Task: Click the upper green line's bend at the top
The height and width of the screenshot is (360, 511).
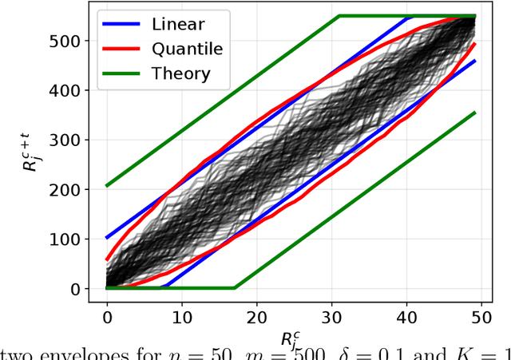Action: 339,16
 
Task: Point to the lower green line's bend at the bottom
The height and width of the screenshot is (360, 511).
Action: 234,287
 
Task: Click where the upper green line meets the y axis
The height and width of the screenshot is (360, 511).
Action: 107,186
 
